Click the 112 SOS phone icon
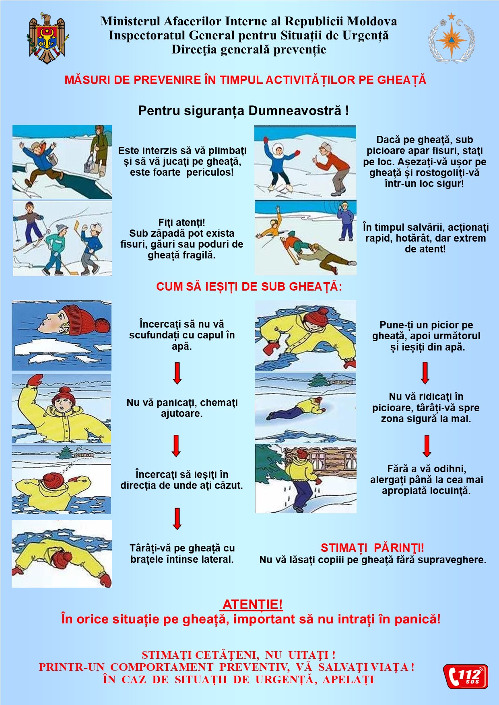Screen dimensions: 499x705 point(466,676)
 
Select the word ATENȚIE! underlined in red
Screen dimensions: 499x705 point(252,604)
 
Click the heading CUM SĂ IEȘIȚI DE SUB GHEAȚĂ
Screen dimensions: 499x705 point(249,287)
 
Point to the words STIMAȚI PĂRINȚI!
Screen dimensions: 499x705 point(372,548)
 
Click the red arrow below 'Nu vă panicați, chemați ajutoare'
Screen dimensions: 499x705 point(176,446)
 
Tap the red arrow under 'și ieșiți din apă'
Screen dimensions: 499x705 point(425,373)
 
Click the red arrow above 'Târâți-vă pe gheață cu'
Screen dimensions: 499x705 point(177,519)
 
